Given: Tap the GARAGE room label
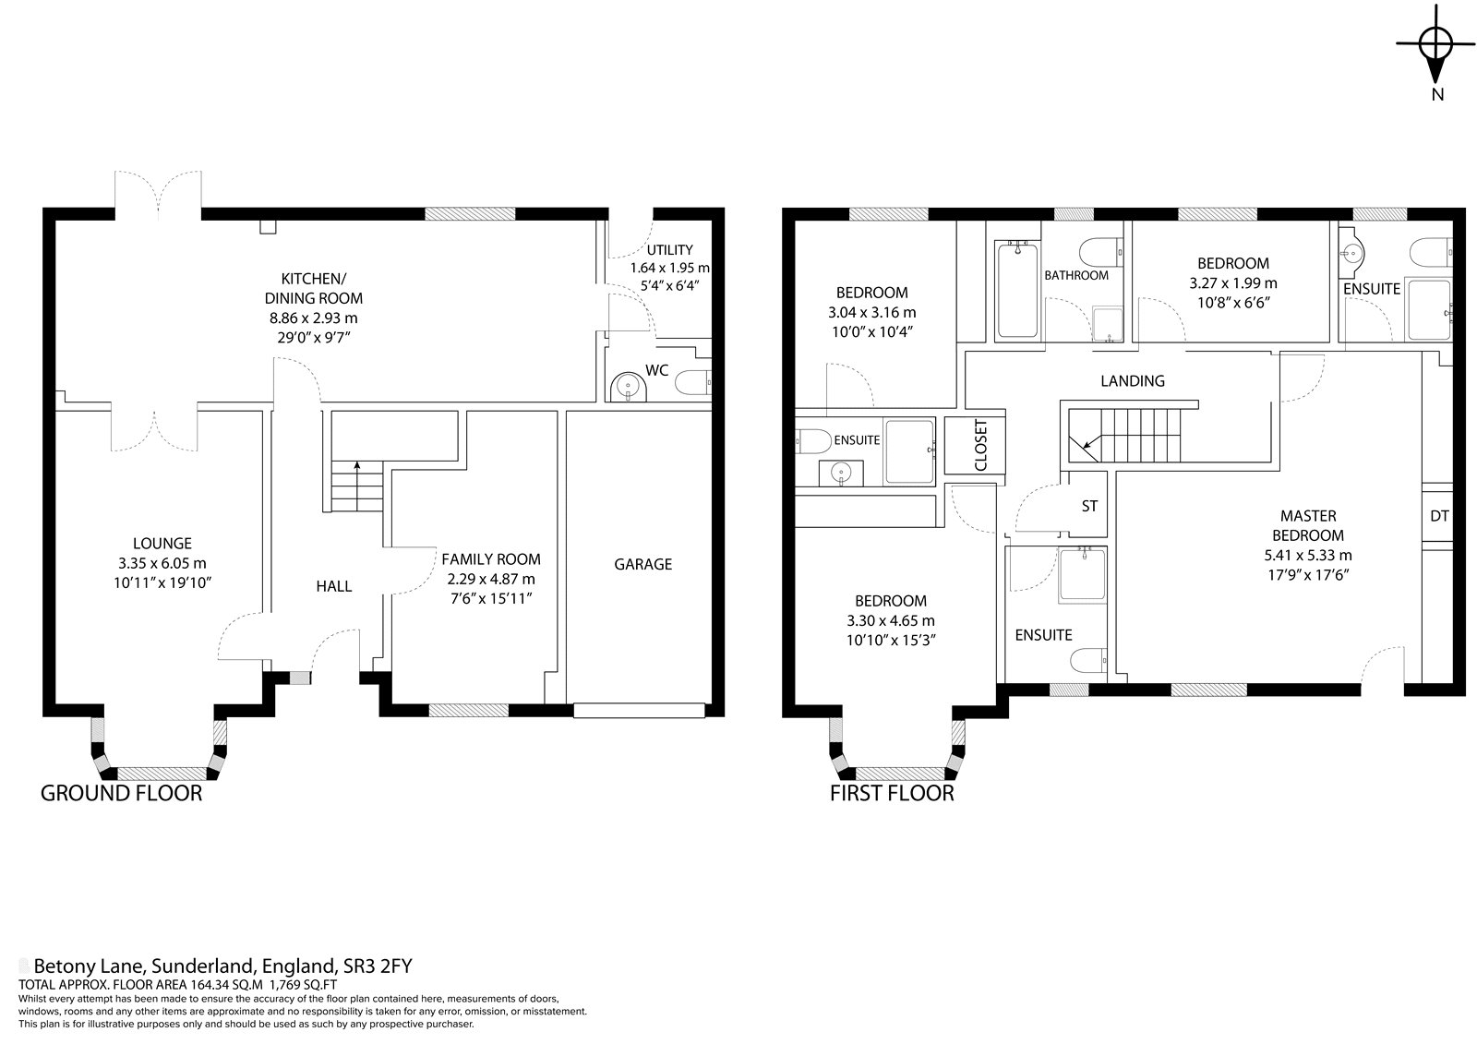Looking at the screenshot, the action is [x=642, y=565].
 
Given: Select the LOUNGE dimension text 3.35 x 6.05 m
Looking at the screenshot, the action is [x=162, y=563].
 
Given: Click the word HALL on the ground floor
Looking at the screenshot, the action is [x=333, y=586].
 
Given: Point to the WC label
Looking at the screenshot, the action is [x=656, y=371].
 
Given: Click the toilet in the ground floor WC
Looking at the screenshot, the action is [x=693, y=382].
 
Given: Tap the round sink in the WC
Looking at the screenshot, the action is [x=629, y=386].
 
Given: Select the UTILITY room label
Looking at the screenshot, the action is [x=669, y=250].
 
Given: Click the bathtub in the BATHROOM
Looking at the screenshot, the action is [x=1017, y=290].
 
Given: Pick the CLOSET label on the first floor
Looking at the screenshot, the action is [x=980, y=445].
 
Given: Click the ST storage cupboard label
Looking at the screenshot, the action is [x=1089, y=507].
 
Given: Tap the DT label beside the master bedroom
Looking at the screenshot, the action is [x=1439, y=516].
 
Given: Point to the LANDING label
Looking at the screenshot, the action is [x=1132, y=381].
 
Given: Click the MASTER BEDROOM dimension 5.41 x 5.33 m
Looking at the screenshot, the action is [x=1307, y=556].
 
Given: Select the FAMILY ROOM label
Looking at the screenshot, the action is [x=490, y=559].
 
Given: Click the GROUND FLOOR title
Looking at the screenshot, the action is [x=121, y=794].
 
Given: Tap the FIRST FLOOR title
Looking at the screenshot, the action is [x=892, y=794].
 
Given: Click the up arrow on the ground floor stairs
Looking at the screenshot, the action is [x=356, y=474].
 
